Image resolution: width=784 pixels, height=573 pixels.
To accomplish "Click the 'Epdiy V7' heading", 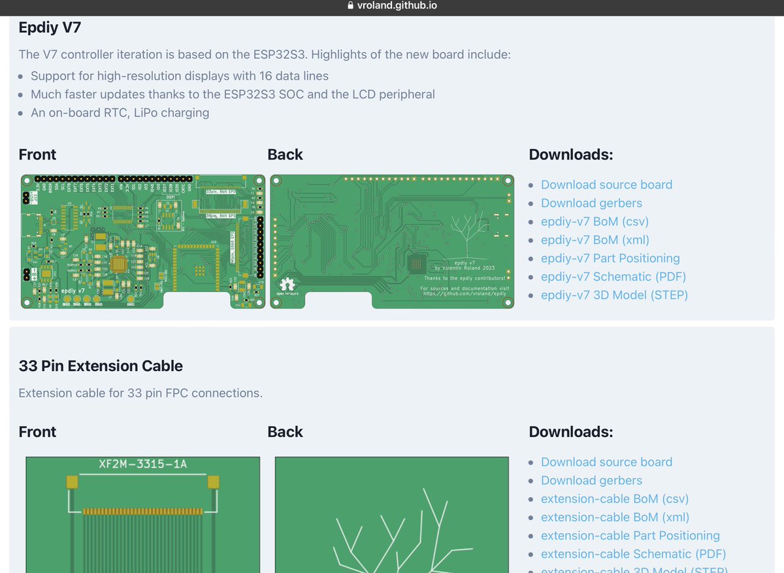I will (x=50, y=27).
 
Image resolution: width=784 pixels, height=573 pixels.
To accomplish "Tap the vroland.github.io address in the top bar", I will (x=397, y=6).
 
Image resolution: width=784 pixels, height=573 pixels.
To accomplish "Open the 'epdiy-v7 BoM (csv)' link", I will (x=595, y=221).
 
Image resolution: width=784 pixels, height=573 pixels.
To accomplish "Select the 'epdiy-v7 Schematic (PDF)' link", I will (x=613, y=276).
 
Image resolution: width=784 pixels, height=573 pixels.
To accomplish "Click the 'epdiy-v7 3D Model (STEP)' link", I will (x=614, y=295).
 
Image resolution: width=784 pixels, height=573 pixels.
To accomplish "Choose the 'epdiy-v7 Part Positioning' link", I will (x=610, y=258).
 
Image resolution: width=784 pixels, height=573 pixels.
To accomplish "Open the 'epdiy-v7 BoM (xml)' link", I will (x=595, y=240).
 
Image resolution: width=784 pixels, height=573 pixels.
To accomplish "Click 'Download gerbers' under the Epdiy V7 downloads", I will (x=591, y=203).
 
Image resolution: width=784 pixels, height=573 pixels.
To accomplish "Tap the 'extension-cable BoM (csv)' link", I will (x=615, y=499).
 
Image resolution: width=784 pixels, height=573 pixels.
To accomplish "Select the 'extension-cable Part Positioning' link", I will (x=630, y=535).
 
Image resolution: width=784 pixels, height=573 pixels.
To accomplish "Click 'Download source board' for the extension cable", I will (x=606, y=462).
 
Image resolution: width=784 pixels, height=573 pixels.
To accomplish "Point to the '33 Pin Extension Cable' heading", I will (x=101, y=366).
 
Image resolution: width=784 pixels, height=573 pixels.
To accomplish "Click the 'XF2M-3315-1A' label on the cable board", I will (x=142, y=465).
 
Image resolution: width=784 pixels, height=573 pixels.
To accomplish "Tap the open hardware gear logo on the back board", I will (x=287, y=286).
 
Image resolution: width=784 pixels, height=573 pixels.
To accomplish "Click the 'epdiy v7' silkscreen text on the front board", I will (x=73, y=289).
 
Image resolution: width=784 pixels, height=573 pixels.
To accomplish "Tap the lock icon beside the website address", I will (x=351, y=6).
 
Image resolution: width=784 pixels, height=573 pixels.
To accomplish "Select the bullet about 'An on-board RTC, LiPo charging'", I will (x=120, y=112).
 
